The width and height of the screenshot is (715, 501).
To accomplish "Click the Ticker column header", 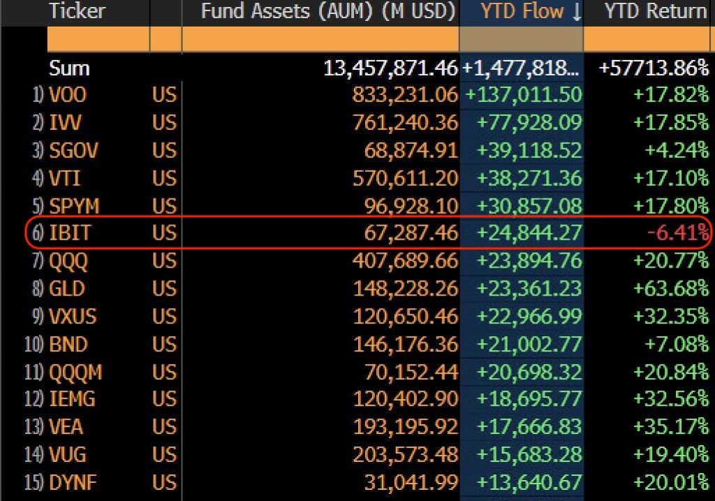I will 76,11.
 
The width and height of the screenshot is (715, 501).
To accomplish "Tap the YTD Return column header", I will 656,11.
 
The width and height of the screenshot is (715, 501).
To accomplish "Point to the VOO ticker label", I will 68,95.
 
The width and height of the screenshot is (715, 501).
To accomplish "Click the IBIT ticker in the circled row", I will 70,232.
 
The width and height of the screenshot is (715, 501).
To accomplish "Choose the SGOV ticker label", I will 73,150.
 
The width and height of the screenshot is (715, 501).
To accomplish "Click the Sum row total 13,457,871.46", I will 390,68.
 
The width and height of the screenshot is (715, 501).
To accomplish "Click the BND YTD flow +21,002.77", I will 529,343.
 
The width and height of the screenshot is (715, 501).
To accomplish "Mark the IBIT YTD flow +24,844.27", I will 529,232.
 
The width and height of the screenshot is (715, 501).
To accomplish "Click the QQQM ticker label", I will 75,371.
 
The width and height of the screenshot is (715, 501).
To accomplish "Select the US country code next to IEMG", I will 164,399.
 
